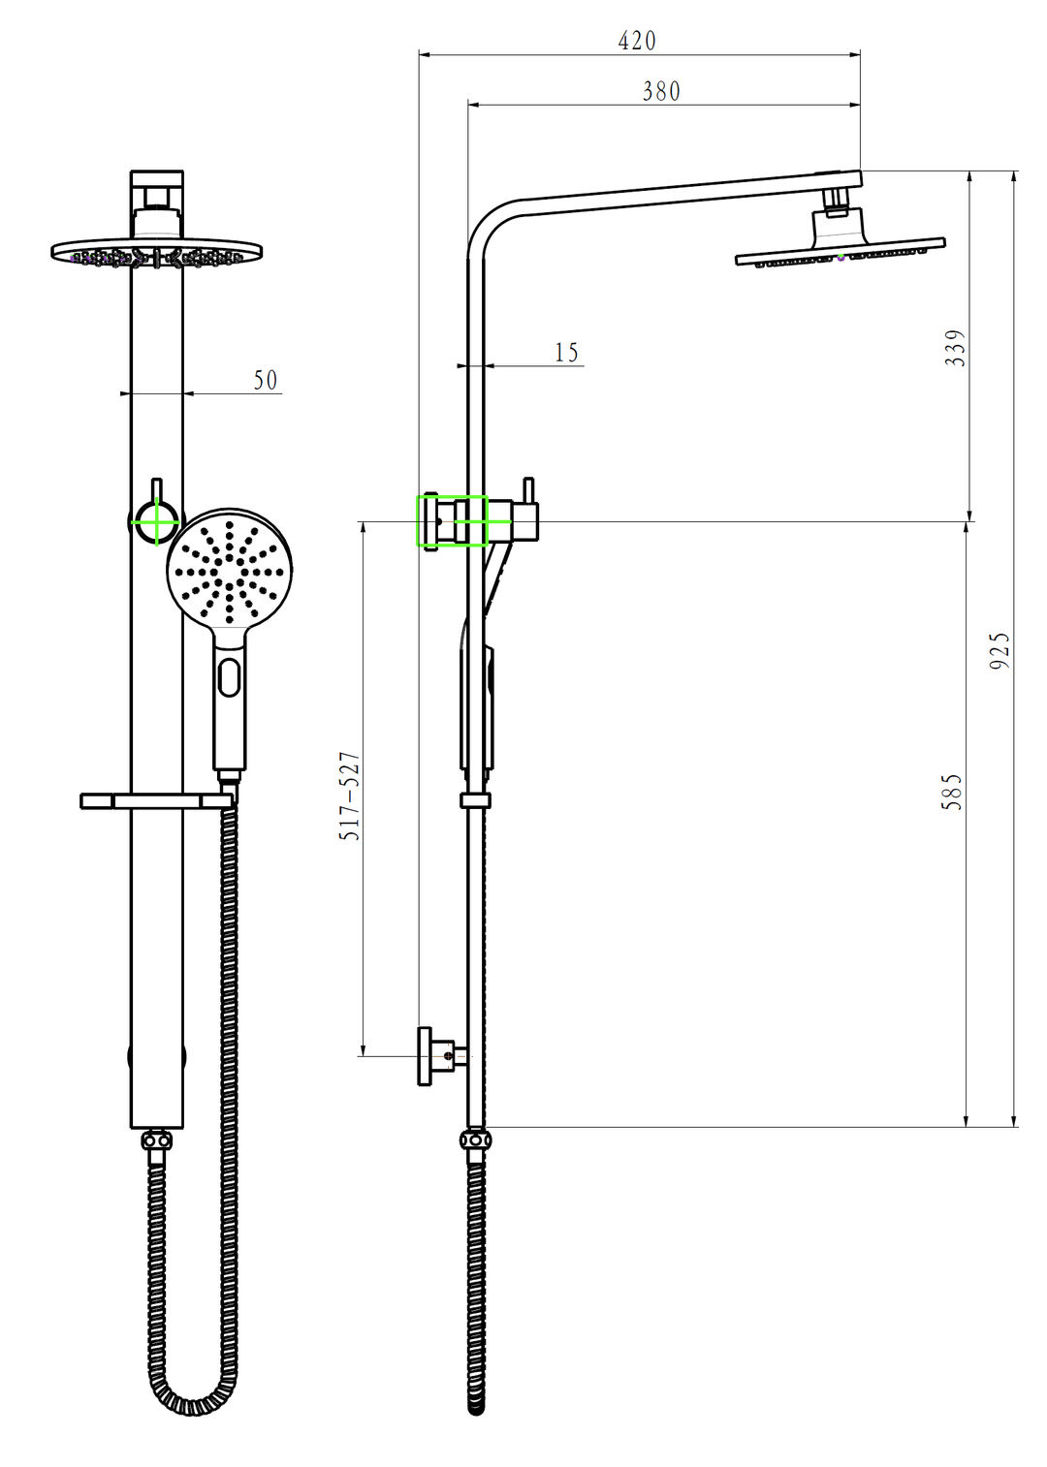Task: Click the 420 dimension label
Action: point(636,41)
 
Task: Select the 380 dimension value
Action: point(660,91)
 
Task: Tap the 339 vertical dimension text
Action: point(957,348)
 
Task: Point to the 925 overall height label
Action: point(999,650)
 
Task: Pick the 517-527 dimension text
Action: point(349,796)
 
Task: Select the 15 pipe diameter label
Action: point(567,353)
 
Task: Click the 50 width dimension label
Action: point(266,381)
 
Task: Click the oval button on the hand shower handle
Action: point(229,677)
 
